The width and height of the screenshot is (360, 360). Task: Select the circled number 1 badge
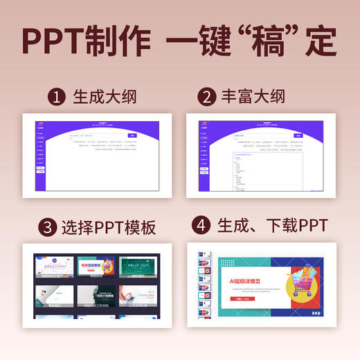click(x=57, y=97)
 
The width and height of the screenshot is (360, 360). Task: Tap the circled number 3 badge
click(x=47, y=226)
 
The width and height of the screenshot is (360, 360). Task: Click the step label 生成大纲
click(x=105, y=97)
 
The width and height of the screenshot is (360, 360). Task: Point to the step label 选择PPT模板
click(x=107, y=226)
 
